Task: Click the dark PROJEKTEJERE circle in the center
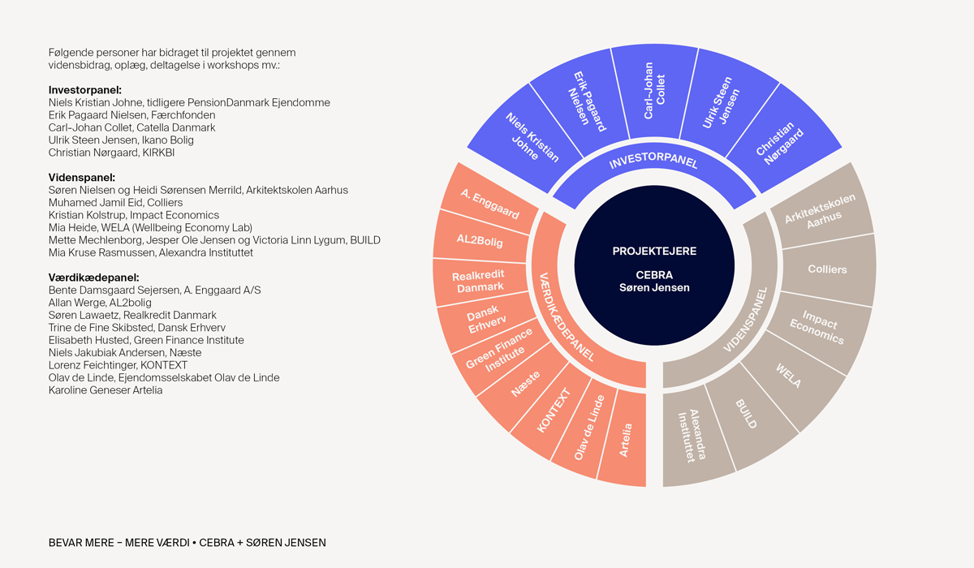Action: pyautogui.click(x=654, y=265)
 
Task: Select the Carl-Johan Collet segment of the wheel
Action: pyautogui.click(x=654, y=91)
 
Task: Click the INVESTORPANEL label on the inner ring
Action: pyautogui.click(x=653, y=161)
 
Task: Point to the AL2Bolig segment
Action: pyautogui.click(x=481, y=239)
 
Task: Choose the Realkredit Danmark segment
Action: pyautogui.click(x=479, y=282)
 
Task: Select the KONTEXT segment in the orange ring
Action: pyautogui.click(x=552, y=411)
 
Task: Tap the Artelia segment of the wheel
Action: pyautogui.click(x=624, y=439)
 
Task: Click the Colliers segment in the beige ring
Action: pyautogui.click(x=827, y=269)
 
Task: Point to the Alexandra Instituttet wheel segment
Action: pyautogui.click(x=693, y=437)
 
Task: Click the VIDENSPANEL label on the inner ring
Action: pyautogui.click(x=747, y=321)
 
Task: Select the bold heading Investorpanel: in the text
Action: pyautogui.click(x=85, y=90)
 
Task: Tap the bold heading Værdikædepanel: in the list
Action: pyautogui.click(x=94, y=278)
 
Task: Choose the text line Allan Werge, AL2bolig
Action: pyautogui.click(x=100, y=303)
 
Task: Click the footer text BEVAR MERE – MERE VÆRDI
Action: pyautogui.click(x=119, y=543)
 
